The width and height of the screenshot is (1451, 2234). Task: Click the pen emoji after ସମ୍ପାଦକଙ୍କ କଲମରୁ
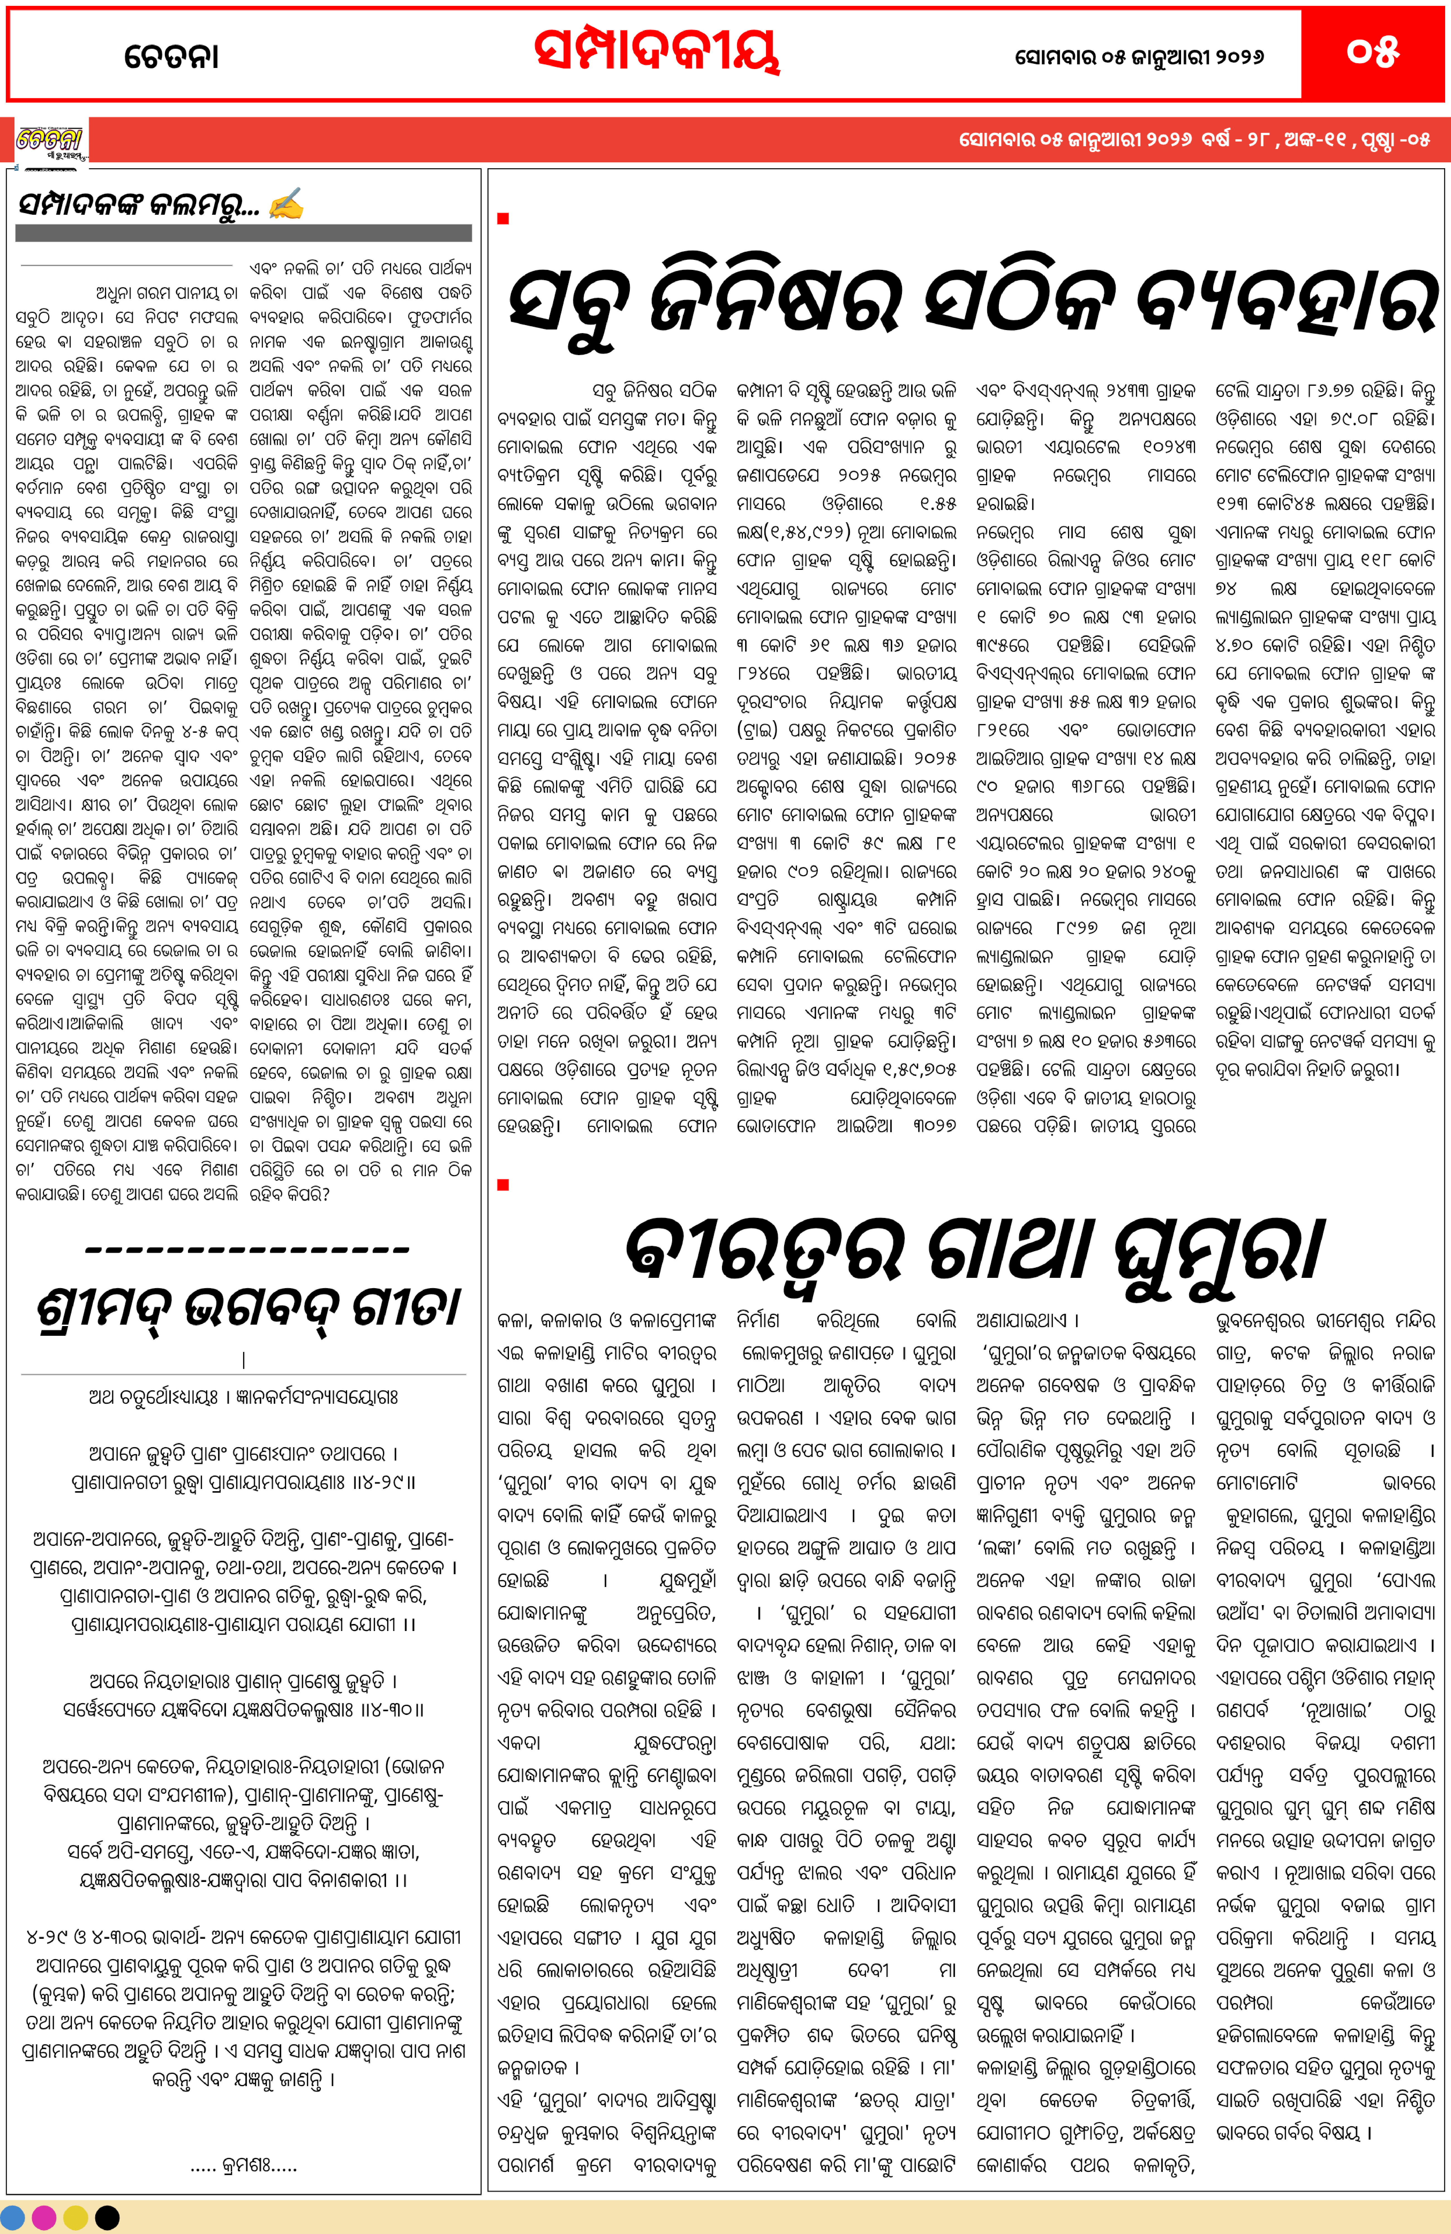click(x=285, y=204)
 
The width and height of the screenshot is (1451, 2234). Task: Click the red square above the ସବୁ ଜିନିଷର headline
click(x=503, y=219)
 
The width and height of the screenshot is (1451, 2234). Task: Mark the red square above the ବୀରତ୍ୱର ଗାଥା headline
click(x=503, y=1185)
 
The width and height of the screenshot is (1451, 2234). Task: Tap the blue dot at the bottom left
click(x=14, y=2218)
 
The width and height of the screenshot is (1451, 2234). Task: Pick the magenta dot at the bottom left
click(x=44, y=2218)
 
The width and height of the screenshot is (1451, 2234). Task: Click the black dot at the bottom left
click(x=107, y=2218)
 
